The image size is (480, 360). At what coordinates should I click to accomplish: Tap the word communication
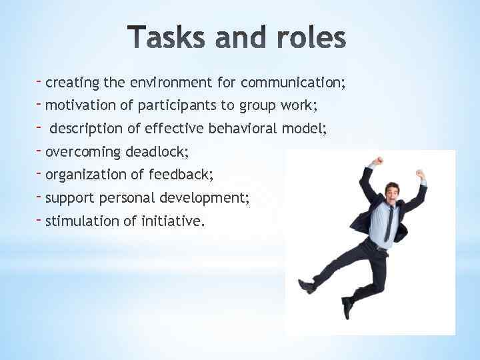(292, 83)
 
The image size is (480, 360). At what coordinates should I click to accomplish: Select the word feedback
(181, 175)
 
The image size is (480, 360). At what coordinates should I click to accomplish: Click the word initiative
(172, 221)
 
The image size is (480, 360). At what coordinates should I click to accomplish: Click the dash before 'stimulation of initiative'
(40, 218)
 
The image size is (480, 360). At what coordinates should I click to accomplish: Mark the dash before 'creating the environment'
(40, 80)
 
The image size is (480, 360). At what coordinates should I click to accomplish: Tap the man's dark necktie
(389, 224)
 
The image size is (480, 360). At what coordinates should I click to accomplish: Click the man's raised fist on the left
(377, 161)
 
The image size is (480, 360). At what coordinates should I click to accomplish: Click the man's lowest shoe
(347, 307)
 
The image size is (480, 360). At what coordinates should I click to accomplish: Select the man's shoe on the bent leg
(306, 286)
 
